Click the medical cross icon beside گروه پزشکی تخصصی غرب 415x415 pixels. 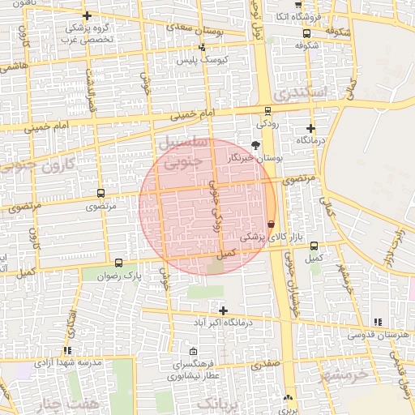pyautogui.click(x=88, y=15)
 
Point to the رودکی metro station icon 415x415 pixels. pyautogui.click(x=267, y=111)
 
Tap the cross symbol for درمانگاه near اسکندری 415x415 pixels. pyautogui.click(x=310, y=128)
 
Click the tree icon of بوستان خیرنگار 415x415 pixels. pyautogui.click(x=256, y=144)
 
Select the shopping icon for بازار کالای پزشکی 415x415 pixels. pyautogui.click(x=271, y=224)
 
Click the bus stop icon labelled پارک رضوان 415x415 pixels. pyautogui.click(x=119, y=263)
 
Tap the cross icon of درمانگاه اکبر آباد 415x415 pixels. pyautogui.click(x=223, y=310)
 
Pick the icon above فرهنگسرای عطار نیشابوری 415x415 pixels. pyautogui.click(x=193, y=351)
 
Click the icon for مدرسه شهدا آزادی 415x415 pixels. pyautogui.click(x=66, y=350)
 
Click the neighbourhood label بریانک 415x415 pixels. pyautogui.click(x=220, y=404)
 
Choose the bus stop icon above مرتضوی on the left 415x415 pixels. pyautogui.click(x=101, y=194)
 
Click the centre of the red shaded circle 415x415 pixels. pyautogui.click(x=207, y=206)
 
